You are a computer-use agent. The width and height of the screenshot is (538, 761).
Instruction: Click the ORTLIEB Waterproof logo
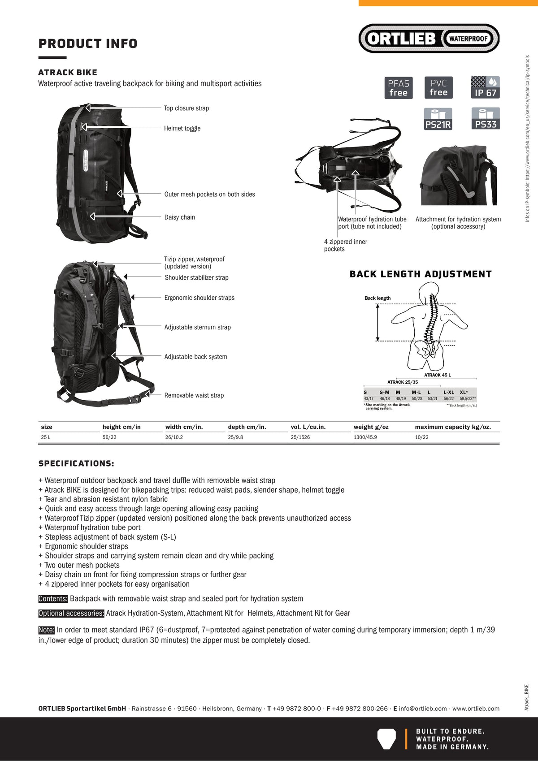click(429, 39)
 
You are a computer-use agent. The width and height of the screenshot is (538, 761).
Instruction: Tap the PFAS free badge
click(398, 88)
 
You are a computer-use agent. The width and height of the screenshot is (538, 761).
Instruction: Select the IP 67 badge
click(485, 87)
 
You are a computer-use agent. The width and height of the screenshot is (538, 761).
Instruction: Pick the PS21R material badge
click(438, 119)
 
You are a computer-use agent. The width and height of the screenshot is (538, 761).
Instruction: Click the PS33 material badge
click(486, 119)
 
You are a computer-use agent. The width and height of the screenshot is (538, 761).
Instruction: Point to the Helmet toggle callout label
click(182, 128)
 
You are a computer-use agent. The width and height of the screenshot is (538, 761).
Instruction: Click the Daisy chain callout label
click(179, 217)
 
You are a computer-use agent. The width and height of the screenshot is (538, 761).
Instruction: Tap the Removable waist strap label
click(194, 395)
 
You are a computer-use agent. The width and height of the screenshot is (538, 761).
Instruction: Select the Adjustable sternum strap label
click(197, 327)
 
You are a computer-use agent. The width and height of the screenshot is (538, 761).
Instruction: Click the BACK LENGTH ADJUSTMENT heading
click(421, 274)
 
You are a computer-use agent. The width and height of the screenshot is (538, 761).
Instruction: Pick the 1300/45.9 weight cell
click(365, 437)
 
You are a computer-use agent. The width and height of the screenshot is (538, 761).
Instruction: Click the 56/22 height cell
click(109, 437)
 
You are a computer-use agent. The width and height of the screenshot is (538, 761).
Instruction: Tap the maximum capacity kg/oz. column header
click(453, 427)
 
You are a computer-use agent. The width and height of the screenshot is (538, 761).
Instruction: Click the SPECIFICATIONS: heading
click(76, 463)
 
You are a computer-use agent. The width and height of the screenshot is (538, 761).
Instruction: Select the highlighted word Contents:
click(53, 599)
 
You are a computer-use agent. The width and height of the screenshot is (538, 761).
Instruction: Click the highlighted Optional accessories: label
click(71, 613)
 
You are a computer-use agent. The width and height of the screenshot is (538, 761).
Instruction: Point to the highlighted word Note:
click(47, 630)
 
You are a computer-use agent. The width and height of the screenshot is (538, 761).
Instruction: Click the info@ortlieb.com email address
click(423, 709)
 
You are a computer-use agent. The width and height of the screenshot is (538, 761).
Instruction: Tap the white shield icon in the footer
click(386, 739)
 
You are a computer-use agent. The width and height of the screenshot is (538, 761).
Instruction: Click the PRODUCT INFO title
click(88, 43)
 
